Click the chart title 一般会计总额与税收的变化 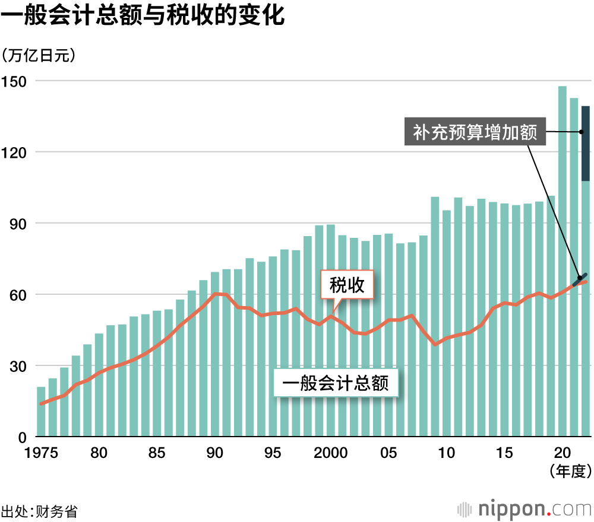(143, 17)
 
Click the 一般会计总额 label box (336, 384)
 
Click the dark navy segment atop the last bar (585, 143)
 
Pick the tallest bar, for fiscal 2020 (562, 261)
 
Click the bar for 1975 (41, 412)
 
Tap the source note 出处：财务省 (39, 511)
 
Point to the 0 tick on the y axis (23, 437)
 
